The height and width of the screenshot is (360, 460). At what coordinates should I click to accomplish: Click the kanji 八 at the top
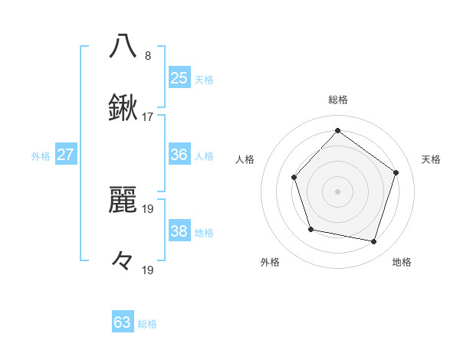pos(123,45)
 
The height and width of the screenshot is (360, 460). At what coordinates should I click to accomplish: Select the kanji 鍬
pos(123,108)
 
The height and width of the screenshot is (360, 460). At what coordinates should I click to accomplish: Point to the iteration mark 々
pos(123,261)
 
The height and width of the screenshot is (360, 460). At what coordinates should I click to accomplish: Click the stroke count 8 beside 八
pos(147,56)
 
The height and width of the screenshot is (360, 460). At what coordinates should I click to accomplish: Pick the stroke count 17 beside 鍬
pos(148,117)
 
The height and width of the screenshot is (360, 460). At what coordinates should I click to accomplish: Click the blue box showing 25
pos(179,77)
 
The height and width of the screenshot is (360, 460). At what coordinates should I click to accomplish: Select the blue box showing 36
pos(179,155)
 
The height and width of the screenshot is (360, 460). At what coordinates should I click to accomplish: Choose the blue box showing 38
pos(179,231)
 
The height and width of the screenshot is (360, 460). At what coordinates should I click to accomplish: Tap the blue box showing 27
pos(65,155)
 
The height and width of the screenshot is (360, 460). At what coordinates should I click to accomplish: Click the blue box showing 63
pos(123,322)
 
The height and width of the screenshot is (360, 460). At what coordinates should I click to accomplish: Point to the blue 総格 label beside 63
pos(147,324)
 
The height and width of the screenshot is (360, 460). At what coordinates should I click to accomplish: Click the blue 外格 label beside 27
pos(41,156)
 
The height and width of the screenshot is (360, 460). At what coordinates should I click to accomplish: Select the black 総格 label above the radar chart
pos(337,100)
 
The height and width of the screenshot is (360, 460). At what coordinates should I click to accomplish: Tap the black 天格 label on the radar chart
pos(431,159)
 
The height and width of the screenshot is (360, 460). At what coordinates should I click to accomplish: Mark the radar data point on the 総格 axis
pos(337,130)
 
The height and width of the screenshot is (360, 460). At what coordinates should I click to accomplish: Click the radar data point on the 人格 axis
pos(294,178)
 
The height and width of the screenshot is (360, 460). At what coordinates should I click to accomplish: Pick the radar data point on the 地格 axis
pos(374,242)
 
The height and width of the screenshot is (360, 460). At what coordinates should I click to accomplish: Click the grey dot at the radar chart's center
pos(337,191)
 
